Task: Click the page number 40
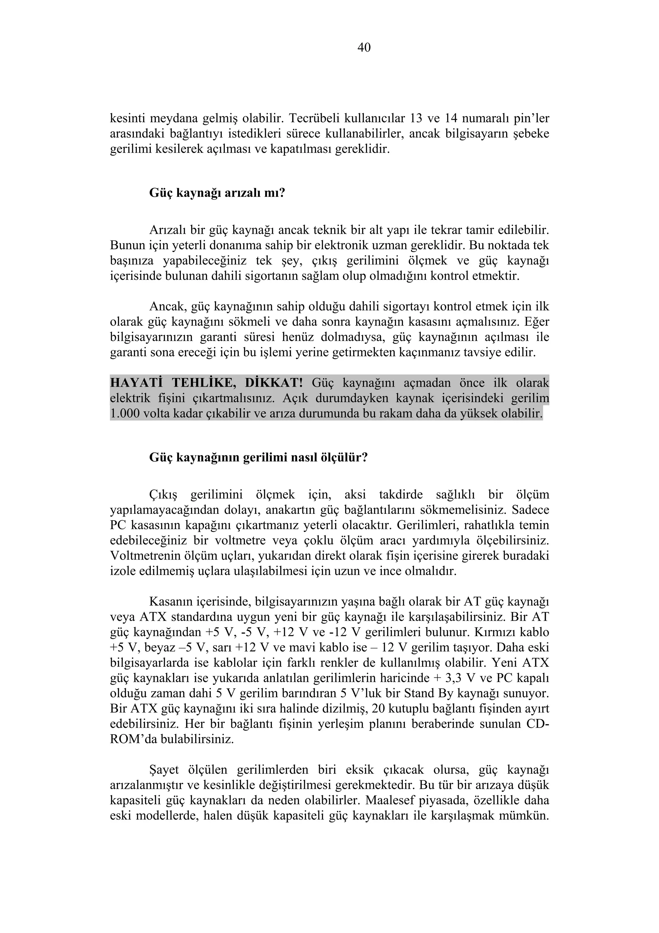364,48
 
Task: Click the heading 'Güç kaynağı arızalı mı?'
217,192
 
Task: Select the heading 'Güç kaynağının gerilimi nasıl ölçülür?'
259,457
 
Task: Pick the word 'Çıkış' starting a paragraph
164,495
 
